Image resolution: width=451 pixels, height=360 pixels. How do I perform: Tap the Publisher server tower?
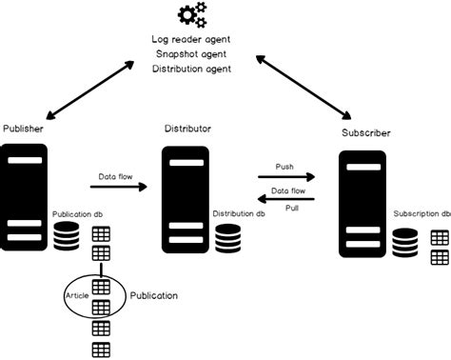(x=24, y=196)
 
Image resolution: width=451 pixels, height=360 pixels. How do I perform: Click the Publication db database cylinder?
(x=66, y=237)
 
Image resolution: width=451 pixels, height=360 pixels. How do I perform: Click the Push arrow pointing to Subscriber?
(x=284, y=177)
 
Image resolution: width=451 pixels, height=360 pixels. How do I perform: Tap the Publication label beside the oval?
(x=153, y=296)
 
